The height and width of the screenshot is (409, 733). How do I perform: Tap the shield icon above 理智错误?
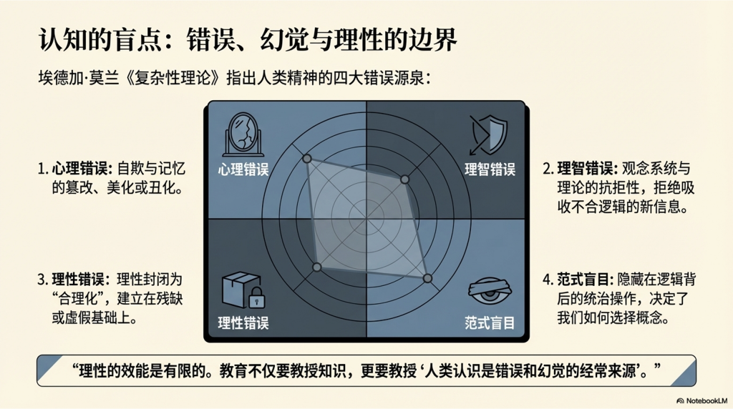coord(488,134)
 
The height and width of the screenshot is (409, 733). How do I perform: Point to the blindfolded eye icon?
coord(490,290)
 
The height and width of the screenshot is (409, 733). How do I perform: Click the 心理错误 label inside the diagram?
coord(243,169)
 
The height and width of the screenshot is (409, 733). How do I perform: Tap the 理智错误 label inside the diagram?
coord(490,169)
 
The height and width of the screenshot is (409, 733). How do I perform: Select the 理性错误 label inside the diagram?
coord(243,322)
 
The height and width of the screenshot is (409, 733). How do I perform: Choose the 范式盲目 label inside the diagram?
coord(490,322)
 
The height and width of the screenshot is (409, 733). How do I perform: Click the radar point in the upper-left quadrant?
coord(307,159)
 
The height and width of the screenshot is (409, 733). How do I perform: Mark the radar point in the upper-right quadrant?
coord(405,179)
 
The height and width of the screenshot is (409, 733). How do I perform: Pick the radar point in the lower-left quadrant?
coord(317,267)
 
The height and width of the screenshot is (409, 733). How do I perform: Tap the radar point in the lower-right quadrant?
coord(427,278)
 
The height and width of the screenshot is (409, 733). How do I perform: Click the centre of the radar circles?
coord(366,219)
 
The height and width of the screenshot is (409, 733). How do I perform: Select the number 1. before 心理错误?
coord(43,169)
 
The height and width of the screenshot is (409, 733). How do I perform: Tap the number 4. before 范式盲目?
coord(548,280)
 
